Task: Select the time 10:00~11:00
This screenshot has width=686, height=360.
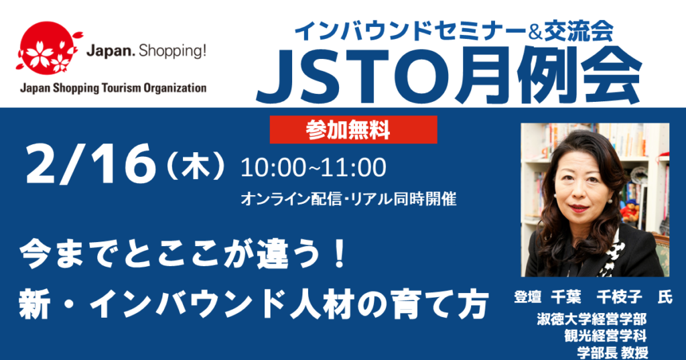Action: pos(313,168)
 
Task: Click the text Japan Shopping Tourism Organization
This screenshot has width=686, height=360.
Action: pos(114,88)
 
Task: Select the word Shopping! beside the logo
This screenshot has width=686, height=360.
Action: pos(171,52)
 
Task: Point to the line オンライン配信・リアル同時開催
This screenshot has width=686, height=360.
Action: pos(349,199)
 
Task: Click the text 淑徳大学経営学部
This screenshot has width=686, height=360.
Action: pos(592,318)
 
